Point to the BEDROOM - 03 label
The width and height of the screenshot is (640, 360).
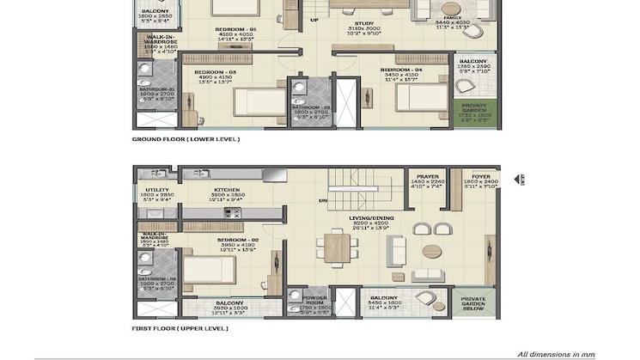pos(215,71)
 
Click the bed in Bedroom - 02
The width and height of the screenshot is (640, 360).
pos(209,270)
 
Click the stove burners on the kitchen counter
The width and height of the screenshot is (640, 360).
pos(231,211)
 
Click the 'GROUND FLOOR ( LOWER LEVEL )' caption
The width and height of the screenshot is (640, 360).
pos(186,138)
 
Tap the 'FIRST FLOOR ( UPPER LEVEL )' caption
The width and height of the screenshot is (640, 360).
pos(180,328)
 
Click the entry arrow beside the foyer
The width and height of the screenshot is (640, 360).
pos(519,178)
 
